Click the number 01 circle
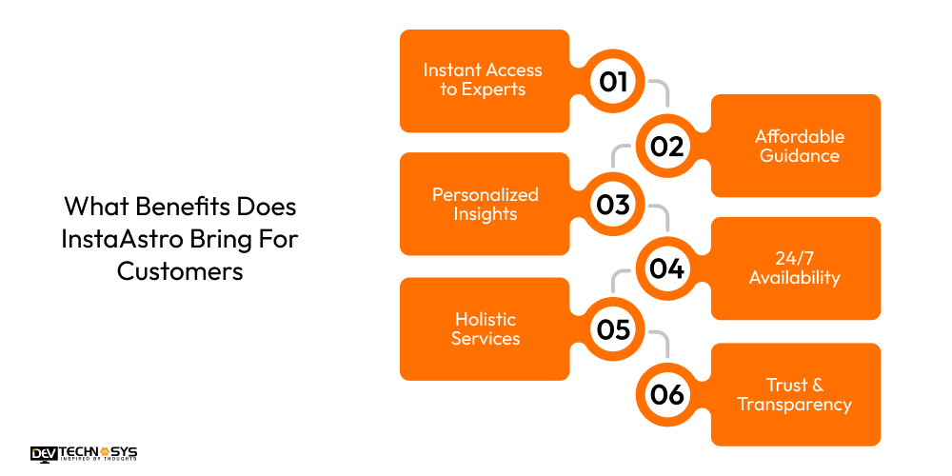click(x=613, y=81)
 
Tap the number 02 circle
click(x=666, y=147)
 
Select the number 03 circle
click(x=613, y=205)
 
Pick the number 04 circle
click(x=666, y=268)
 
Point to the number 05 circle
click(x=613, y=329)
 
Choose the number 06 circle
click(x=666, y=395)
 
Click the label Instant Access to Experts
click(x=483, y=80)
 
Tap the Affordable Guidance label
click(x=800, y=146)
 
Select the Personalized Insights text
click(x=486, y=204)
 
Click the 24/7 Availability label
click(x=794, y=268)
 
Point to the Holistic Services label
click(x=486, y=328)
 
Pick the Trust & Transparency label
click(x=795, y=395)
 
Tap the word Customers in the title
click(x=180, y=271)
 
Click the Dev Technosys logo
click(x=84, y=453)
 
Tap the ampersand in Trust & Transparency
click(x=817, y=385)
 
